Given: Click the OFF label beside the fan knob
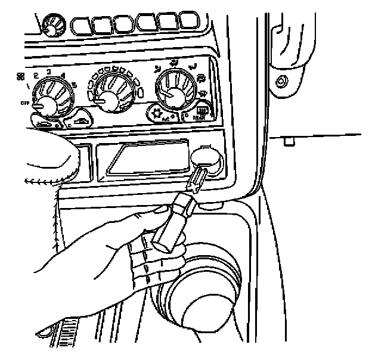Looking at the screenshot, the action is (26, 103).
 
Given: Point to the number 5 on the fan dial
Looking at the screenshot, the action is (75, 83).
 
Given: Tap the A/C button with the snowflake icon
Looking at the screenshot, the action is (166, 113).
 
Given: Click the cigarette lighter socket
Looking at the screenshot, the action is (206, 161).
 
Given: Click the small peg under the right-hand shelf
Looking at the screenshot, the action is (289, 142).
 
